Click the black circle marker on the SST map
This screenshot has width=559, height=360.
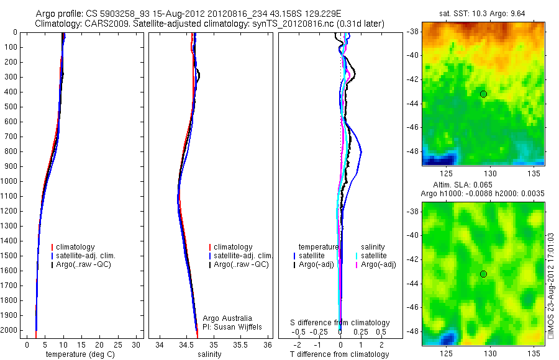(483, 94)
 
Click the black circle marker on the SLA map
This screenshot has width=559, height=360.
(483, 274)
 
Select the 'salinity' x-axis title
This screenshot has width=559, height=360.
(209, 354)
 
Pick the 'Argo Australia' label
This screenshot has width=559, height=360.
(228, 318)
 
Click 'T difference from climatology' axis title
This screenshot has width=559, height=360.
(339, 354)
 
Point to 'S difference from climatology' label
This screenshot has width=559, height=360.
(340, 323)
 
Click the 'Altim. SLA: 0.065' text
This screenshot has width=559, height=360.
(465, 186)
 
